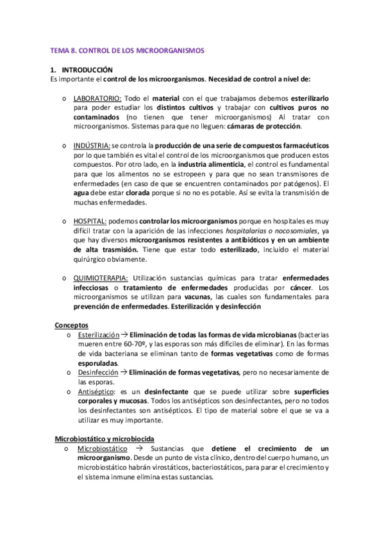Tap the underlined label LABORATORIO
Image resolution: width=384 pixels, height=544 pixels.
click(x=96, y=98)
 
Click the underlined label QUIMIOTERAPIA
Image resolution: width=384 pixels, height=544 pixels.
click(x=101, y=278)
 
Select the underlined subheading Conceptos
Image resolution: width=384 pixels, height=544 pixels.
click(x=72, y=325)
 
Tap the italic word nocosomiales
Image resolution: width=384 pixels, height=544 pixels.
click(x=281, y=230)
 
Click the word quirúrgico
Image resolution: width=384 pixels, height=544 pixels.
click(x=94, y=259)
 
